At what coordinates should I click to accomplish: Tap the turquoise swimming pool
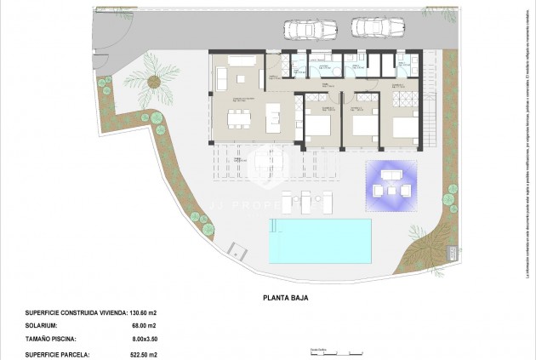(320, 240)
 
